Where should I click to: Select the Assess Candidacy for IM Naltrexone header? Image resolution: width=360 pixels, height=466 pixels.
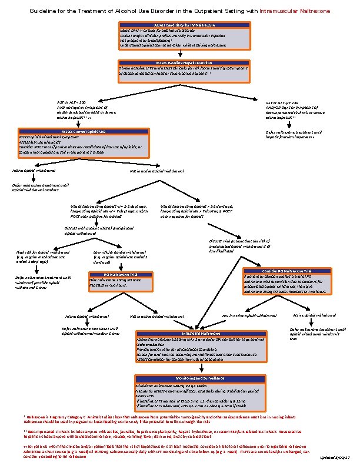(180, 25)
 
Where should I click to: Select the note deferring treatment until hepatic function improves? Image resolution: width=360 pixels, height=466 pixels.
(294, 135)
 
